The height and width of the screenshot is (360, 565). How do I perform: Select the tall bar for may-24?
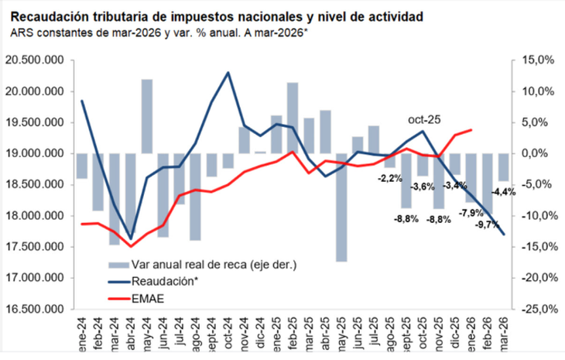(146, 116)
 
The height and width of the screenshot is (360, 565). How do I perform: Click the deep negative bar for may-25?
(341, 207)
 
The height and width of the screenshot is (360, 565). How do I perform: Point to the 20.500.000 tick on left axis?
(33, 60)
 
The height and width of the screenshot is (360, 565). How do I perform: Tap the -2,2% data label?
(390, 179)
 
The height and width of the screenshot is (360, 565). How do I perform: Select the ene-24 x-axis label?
(81, 333)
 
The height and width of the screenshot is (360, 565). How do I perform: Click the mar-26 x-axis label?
(504, 333)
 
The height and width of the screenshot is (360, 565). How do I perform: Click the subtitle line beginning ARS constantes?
(159, 33)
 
